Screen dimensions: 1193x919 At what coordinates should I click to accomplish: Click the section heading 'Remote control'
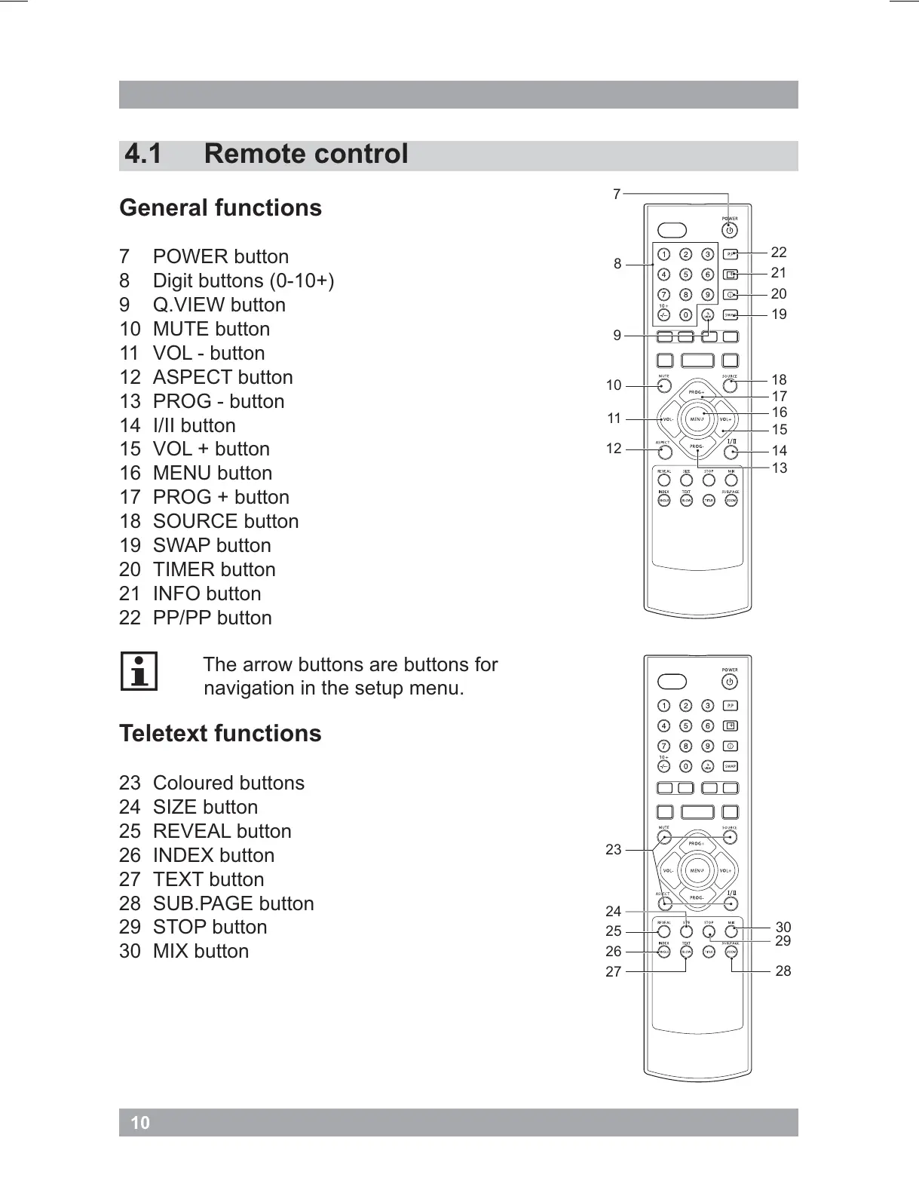(x=305, y=154)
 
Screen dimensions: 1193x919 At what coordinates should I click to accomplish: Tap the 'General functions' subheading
(x=220, y=207)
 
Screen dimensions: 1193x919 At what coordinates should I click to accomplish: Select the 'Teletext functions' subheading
(x=220, y=733)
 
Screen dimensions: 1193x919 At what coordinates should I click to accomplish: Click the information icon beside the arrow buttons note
(x=139, y=671)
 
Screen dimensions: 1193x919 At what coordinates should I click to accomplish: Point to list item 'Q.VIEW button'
(x=219, y=305)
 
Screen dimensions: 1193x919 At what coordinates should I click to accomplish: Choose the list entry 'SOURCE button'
(x=225, y=521)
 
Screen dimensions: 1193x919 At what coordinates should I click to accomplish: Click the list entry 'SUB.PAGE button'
(x=233, y=903)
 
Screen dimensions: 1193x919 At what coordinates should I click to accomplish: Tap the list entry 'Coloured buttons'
(x=228, y=783)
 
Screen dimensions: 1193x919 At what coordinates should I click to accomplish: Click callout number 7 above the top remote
(x=617, y=195)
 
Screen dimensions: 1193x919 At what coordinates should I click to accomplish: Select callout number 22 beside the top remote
(x=779, y=252)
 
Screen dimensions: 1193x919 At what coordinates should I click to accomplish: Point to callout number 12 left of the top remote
(x=614, y=449)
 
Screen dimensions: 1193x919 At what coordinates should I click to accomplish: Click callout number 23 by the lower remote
(x=614, y=850)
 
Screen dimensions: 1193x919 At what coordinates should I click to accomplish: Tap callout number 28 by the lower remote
(x=783, y=971)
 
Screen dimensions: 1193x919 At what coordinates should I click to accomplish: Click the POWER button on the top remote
(x=729, y=231)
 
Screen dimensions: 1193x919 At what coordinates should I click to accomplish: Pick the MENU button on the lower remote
(x=697, y=871)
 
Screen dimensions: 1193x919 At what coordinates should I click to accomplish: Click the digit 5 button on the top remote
(x=685, y=274)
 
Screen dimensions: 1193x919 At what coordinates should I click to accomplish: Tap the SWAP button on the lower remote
(x=730, y=767)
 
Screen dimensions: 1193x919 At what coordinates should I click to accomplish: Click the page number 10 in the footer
(x=140, y=1123)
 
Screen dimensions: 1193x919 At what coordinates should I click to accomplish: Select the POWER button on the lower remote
(x=729, y=682)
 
